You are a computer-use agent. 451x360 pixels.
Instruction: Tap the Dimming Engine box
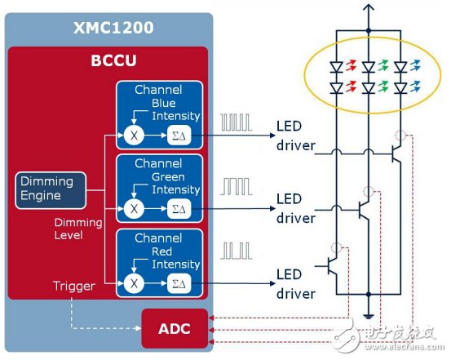pyautogui.click(x=48, y=189)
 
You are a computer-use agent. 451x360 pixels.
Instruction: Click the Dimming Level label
pyautogui.click(x=78, y=229)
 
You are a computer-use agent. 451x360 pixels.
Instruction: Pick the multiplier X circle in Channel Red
pyautogui.click(x=135, y=283)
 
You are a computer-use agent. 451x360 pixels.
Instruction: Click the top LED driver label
pyautogui.click(x=294, y=136)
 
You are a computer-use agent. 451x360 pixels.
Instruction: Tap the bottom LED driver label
pyautogui.click(x=294, y=285)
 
